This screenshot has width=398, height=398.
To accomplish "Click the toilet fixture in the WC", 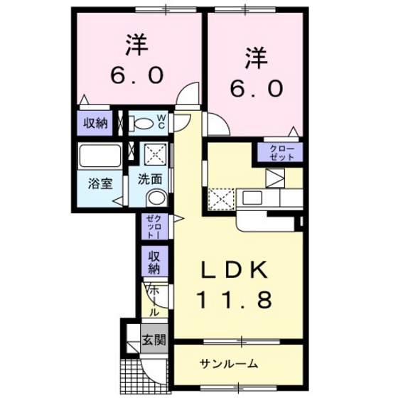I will pyautogui.click(x=142, y=122).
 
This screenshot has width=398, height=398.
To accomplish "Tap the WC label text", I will pyautogui.click(x=162, y=122).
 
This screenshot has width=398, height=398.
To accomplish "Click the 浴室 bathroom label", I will pyautogui.click(x=99, y=183).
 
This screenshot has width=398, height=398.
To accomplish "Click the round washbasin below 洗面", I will pyautogui.click(x=158, y=198).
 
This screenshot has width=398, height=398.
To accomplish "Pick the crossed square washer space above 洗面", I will pyautogui.click(x=156, y=154).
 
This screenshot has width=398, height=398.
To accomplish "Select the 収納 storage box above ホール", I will pyautogui.click(x=154, y=262).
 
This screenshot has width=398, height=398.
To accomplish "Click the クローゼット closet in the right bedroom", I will pyautogui.click(x=283, y=152).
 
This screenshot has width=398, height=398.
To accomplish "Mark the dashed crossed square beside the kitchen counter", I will pyautogui.click(x=221, y=197).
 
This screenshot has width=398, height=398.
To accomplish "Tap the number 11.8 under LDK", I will pyautogui.click(x=234, y=301).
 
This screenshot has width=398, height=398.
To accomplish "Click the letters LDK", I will pyautogui.click(x=234, y=270).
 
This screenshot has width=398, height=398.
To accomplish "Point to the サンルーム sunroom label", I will pyautogui.click(x=228, y=364).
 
